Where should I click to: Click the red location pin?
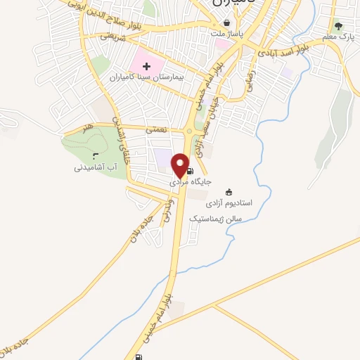click(181, 165)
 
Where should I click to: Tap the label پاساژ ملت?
click(226, 33)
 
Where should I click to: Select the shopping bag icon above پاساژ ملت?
click(226, 22)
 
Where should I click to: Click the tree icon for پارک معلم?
click(338, 25)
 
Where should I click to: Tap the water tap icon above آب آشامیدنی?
click(96, 157)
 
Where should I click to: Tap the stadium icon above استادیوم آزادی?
click(228, 191)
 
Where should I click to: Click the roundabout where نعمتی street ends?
click(190, 131)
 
